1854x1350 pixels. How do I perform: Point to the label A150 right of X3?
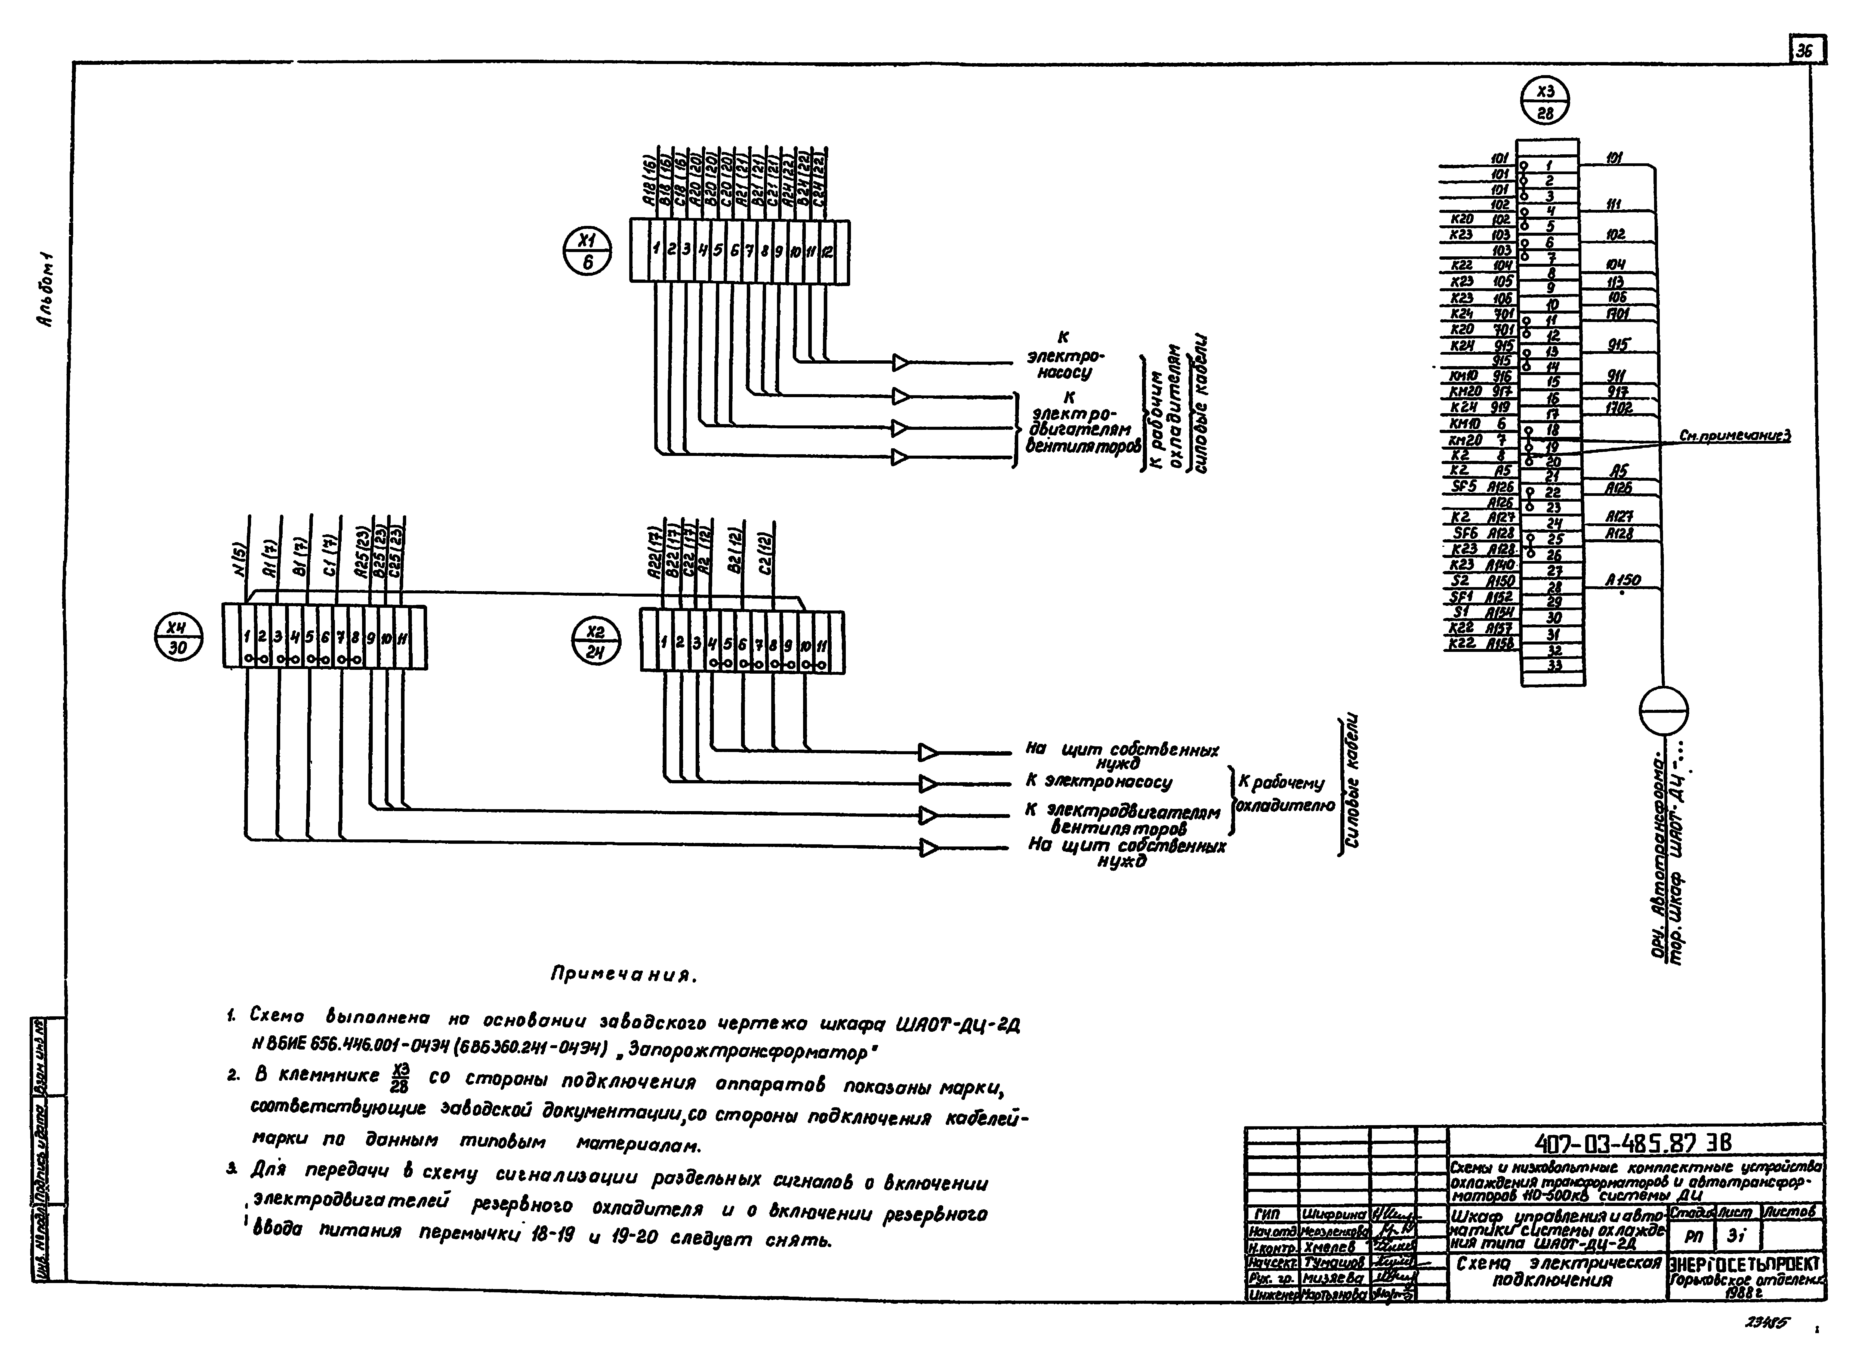coord(1623,580)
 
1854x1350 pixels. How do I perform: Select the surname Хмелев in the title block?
coord(1332,1247)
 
